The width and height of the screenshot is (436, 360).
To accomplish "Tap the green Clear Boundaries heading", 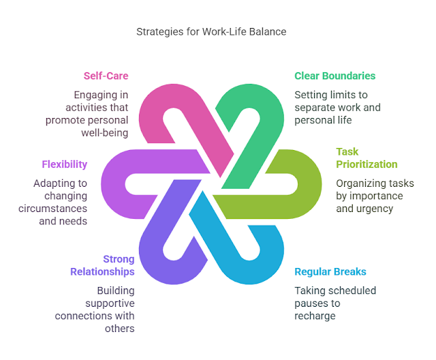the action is (x=334, y=76).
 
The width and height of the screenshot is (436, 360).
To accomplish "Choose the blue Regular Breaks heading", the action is (x=330, y=272).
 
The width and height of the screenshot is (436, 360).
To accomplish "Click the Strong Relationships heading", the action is (x=102, y=265).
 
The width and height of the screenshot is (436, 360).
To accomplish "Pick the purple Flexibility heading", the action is (x=65, y=164).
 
